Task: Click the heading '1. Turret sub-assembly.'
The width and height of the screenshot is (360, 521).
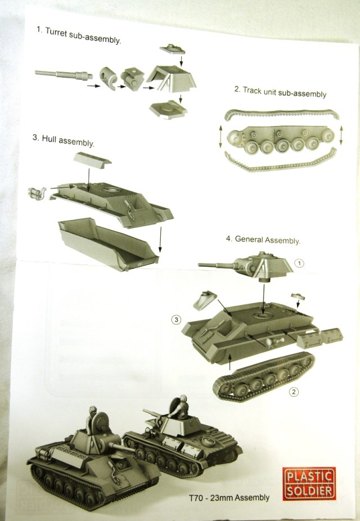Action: [x=79, y=35]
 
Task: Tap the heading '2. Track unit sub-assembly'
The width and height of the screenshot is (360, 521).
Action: [x=280, y=92]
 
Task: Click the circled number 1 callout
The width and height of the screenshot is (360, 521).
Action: [x=300, y=263]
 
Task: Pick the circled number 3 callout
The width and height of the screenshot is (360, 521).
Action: [x=176, y=320]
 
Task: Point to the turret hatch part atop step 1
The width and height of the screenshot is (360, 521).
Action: [x=173, y=49]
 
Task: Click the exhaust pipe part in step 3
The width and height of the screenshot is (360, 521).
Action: [x=37, y=193]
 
